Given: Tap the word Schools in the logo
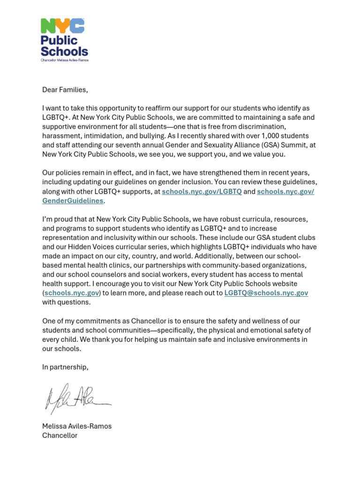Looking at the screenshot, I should (64, 51).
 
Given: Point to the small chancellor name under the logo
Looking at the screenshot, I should (64, 60).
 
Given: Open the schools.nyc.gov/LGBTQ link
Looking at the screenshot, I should (202, 192).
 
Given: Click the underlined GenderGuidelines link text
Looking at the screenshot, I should (73, 201).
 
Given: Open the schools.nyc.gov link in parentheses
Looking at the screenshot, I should (71, 293).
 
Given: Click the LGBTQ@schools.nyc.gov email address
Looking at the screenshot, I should (266, 293).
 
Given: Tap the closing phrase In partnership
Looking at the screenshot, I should (65, 367).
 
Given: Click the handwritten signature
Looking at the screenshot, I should (75, 398).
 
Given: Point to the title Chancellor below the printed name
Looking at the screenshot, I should (60, 435).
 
